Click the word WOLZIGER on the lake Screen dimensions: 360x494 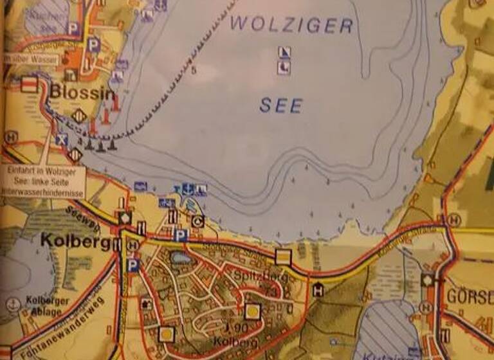click(291, 26)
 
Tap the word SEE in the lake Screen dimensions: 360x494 click(280, 105)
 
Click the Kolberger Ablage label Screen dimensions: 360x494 click(44, 307)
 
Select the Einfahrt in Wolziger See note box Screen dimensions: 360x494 click(42, 182)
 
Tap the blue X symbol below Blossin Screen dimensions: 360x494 click(61, 139)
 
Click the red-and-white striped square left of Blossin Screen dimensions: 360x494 click(29, 85)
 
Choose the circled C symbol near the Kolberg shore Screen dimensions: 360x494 click(198, 222)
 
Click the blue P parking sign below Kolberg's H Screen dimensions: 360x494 click(133, 265)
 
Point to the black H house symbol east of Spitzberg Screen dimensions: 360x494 click(317, 290)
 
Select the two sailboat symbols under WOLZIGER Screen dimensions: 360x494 click(284, 60)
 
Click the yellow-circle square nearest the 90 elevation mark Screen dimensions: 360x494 click(253, 312)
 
